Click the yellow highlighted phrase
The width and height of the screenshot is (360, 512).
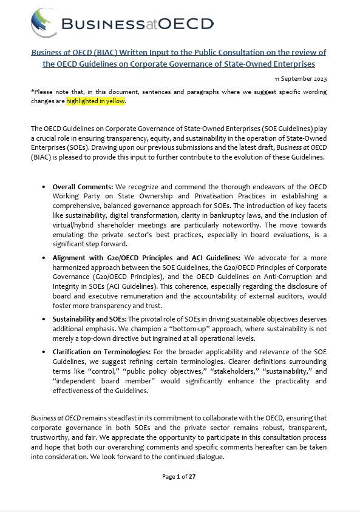(96, 101)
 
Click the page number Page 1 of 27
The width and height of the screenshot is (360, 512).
(179, 477)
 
